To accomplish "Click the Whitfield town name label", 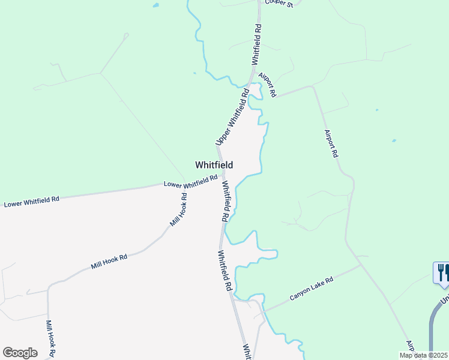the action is click(214, 165).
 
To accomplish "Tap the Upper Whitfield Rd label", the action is click(232, 118).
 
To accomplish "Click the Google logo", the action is click(20, 353).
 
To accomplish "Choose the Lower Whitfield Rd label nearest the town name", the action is click(190, 181).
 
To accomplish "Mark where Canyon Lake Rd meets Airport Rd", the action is click(360, 264).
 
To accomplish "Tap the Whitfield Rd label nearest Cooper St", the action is click(257, 44).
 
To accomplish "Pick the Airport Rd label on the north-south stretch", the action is click(331, 143).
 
